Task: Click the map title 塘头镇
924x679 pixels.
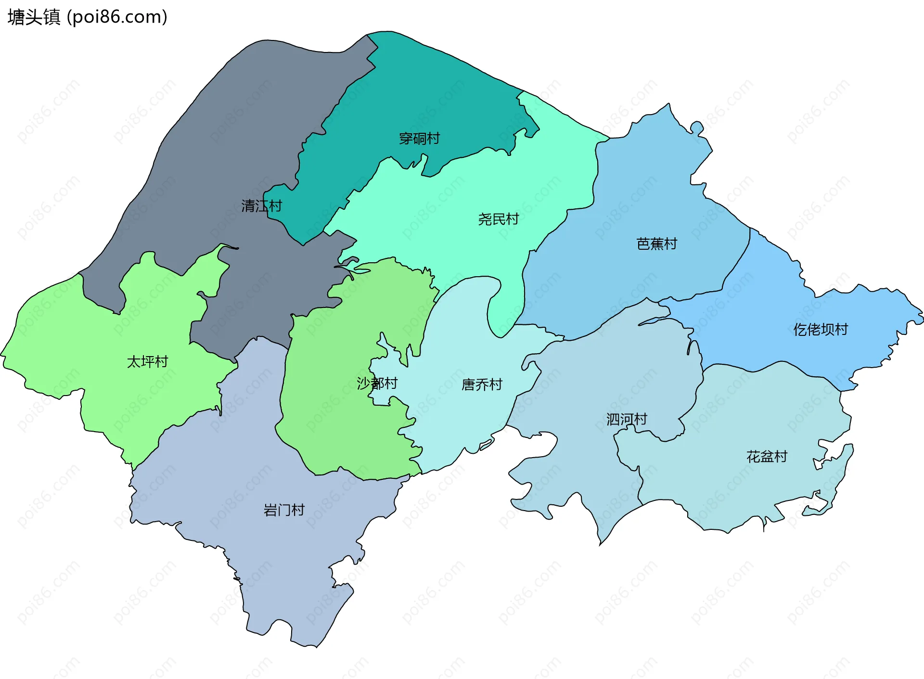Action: [x=34, y=17]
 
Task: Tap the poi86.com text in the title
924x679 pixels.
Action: [x=117, y=17]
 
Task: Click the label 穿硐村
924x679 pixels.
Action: [x=419, y=139]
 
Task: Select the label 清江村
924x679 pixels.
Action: [x=261, y=206]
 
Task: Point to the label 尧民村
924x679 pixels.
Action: [x=498, y=219]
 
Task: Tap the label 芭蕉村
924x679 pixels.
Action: [x=656, y=244]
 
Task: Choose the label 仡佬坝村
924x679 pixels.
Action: [x=820, y=330]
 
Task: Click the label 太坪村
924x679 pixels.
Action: [x=147, y=362]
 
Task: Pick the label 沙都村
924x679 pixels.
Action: [x=377, y=384]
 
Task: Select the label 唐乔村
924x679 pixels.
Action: [x=481, y=384]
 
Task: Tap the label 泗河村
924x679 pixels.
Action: [x=627, y=420]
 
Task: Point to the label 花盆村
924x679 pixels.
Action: [x=767, y=457]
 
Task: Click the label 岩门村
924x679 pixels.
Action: [x=284, y=510]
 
